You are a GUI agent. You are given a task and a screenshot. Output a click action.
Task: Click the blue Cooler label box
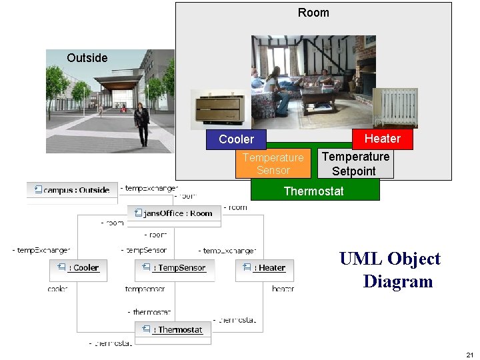click(236, 139)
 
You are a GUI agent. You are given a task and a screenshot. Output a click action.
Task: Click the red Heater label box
click(382, 139)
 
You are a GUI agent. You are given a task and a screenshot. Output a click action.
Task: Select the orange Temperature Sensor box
click(273, 164)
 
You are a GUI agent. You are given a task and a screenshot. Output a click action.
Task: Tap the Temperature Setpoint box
click(355, 164)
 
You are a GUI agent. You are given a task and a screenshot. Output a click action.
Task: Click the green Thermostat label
click(314, 191)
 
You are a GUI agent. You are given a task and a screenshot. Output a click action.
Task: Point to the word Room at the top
click(313, 13)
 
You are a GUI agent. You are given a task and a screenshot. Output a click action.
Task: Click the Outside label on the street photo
click(87, 58)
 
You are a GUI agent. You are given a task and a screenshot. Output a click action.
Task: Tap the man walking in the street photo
click(141, 124)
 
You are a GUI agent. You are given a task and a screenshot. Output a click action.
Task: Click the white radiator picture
click(395, 107)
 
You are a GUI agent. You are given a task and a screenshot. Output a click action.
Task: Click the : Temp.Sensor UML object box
click(174, 268)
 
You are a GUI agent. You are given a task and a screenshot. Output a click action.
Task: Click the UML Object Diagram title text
click(390, 270)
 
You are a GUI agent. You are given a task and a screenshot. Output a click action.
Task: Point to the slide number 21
click(469, 354)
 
